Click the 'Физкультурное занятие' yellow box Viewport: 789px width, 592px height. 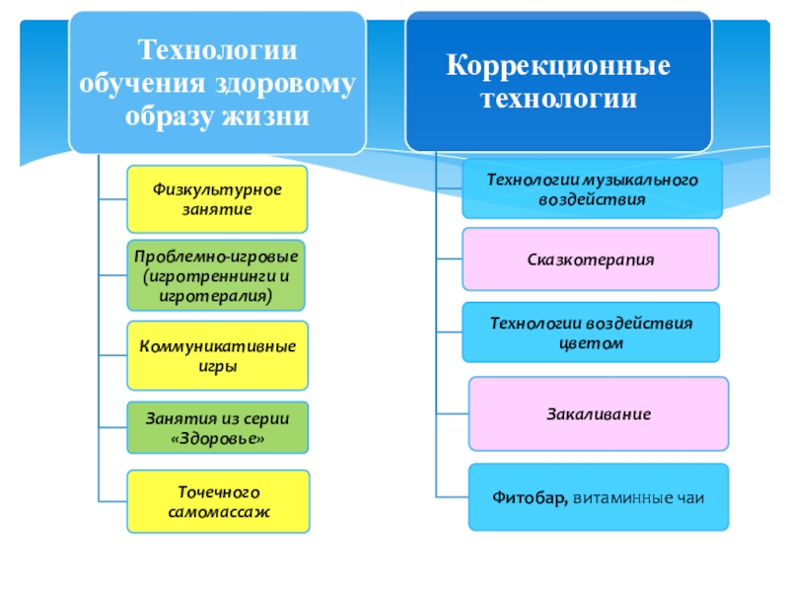pos(217,199)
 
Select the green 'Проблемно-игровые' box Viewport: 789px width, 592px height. pos(217,275)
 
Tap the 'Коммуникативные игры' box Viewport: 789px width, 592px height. pos(217,356)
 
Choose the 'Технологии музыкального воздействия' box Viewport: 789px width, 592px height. pos(593,189)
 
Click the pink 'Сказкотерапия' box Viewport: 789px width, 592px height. pos(589,260)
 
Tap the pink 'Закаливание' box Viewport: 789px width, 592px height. pos(599,414)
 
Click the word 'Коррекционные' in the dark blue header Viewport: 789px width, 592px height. pos(559,67)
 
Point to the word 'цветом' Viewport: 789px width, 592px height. pos(592,342)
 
